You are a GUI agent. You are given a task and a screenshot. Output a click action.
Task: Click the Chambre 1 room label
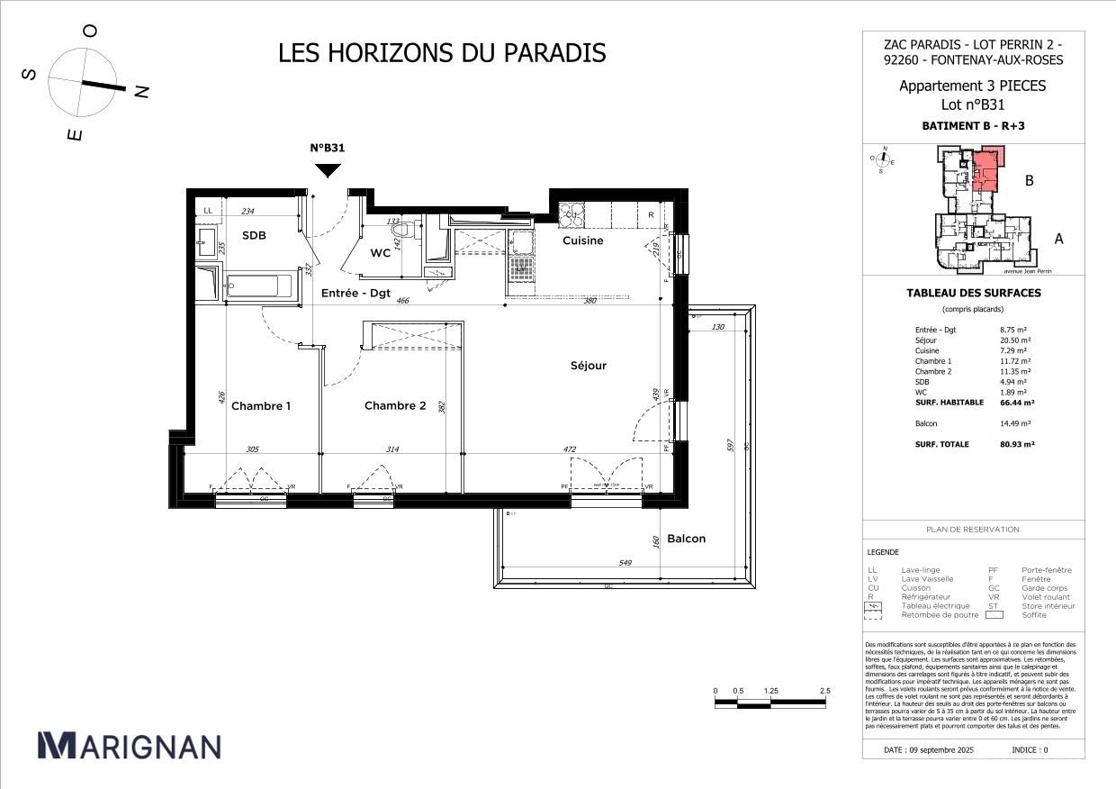261,406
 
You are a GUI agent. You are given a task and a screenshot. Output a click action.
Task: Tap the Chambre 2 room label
395,406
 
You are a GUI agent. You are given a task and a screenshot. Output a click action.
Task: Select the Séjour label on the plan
589,366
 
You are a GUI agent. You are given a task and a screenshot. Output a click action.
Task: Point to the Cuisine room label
583,240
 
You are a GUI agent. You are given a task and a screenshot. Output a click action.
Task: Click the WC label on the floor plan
380,254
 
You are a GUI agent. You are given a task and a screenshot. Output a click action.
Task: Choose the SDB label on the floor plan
254,236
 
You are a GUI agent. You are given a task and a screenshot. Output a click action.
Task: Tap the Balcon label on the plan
686,539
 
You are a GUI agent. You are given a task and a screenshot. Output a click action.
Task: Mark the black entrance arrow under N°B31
328,169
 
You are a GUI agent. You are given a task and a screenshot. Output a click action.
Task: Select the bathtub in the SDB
259,286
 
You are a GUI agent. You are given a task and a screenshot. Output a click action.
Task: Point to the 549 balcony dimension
625,563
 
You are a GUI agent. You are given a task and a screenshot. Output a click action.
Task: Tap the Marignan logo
129,746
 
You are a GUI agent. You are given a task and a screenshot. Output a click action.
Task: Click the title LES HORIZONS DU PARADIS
442,53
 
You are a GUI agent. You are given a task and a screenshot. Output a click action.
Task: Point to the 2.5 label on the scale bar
824,691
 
